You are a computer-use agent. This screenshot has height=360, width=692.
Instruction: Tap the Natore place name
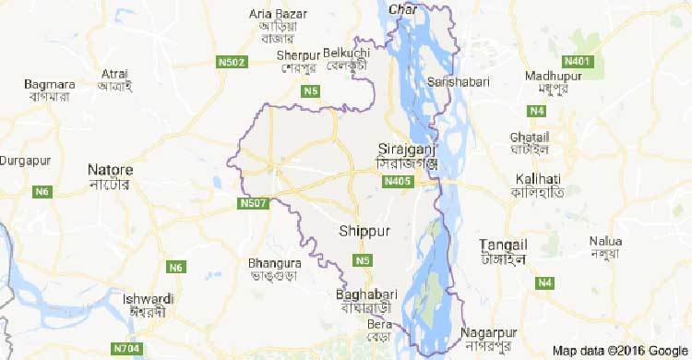click(x=110, y=171)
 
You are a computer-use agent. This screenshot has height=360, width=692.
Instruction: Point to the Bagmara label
click(x=49, y=85)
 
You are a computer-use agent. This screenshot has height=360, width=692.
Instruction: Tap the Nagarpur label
click(x=489, y=332)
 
